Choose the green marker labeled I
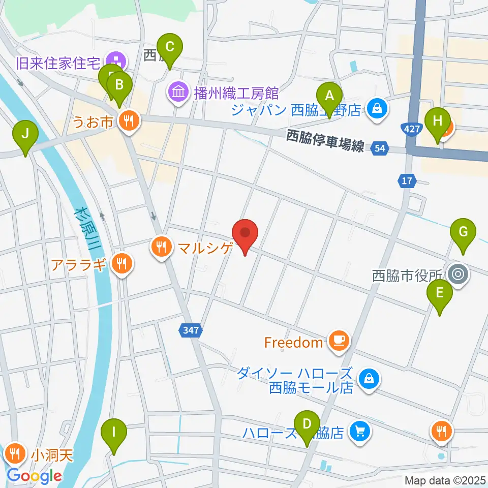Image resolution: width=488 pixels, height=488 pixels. click(113, 434)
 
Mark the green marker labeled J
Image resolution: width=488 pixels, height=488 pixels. click(25, 136)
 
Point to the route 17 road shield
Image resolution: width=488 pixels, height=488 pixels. click(407, 180)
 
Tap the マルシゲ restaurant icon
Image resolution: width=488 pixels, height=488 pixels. click(161, 248)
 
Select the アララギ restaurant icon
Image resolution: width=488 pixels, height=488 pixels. click(121, 263)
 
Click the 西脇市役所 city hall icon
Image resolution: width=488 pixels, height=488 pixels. click(457, 275)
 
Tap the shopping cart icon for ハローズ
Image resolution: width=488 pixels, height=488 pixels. click(360, 432)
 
